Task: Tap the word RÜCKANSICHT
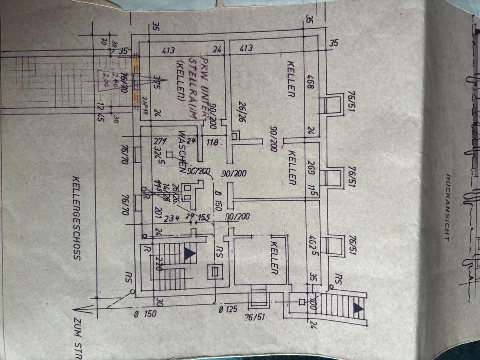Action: (x=447, y=207)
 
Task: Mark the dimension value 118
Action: (x=213, y=143)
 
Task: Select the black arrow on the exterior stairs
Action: (x=358, y=308)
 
